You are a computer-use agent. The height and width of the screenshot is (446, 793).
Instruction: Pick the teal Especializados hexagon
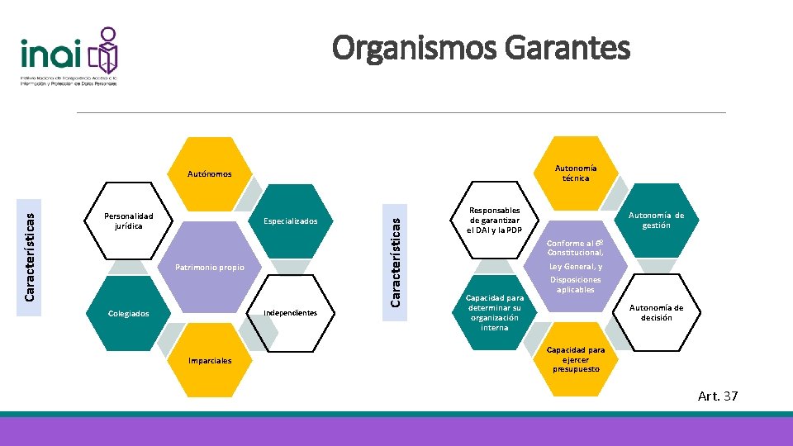click(x=290, y=221)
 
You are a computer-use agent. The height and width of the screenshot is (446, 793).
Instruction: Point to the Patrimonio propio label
click(x=210, y=268)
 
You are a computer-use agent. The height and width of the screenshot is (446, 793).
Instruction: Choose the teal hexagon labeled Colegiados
click(x=129, y=313)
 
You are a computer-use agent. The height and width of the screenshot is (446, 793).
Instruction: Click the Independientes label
click(x=289, y=313)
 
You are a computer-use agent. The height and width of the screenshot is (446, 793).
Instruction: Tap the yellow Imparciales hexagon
click(x=210, y=360)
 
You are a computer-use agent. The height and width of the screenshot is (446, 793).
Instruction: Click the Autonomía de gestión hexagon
click(x=656, y=220)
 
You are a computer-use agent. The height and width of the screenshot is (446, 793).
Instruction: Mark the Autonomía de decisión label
click(x=656, y=312)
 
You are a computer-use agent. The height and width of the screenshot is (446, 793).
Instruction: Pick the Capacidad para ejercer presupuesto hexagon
click(x=575, y=359)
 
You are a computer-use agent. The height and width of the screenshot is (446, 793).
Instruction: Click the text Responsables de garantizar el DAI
click(x=494, y=221)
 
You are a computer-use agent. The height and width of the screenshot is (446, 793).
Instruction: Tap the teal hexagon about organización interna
click(x=494, y=312)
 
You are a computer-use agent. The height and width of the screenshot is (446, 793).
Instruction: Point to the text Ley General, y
click(x=576, y=267)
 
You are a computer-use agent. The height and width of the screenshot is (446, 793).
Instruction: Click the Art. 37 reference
click(x=718, y=396)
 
